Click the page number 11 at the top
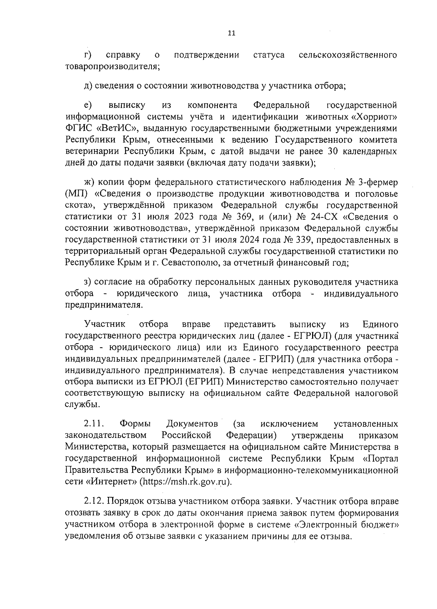click(231, 33)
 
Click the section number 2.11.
click(94, 424)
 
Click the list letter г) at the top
click(87, 55)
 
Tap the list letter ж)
click(89, 182)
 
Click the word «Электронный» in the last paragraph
click(330, 525)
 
